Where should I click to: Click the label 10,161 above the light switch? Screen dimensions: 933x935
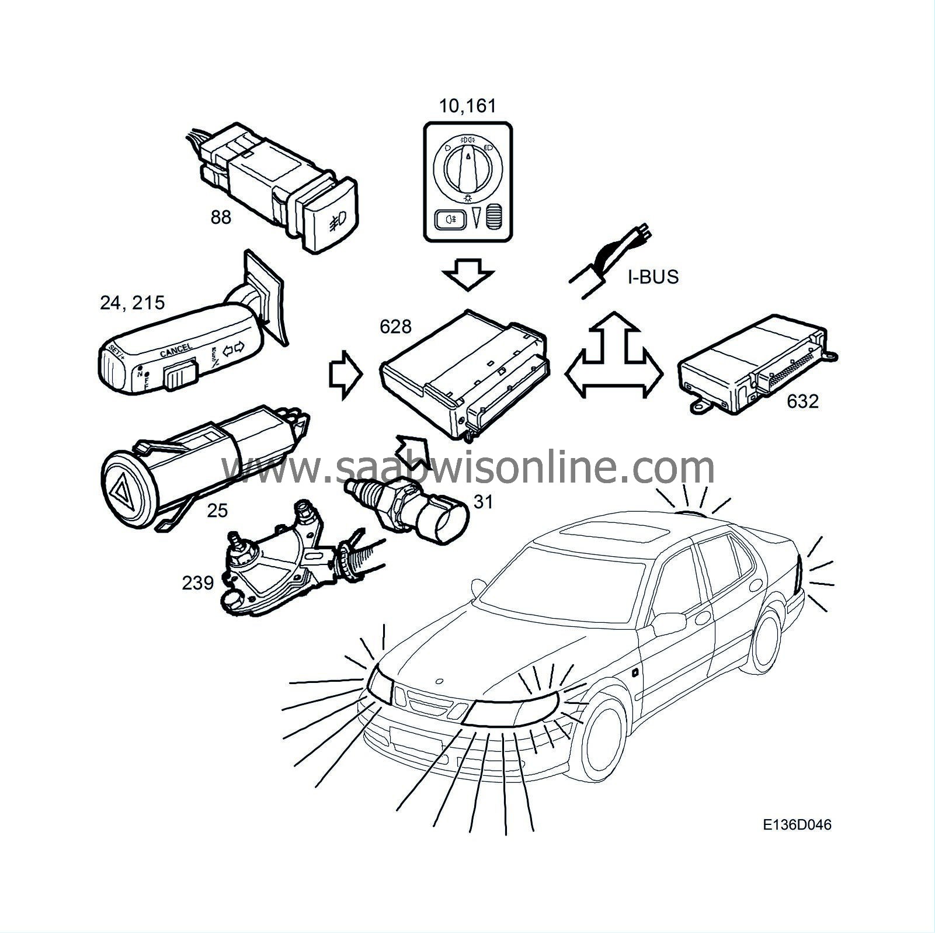467,106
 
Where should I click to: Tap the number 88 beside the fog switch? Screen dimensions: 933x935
221,217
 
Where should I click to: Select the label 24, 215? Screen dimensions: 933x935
133,303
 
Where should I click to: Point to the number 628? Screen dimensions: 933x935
395,327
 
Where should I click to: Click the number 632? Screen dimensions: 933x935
802,401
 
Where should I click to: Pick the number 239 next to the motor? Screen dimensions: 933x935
198,582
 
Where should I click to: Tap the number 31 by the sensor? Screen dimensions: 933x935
483,501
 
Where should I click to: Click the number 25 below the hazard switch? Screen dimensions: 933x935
217,511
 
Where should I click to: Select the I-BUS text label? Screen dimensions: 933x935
653,276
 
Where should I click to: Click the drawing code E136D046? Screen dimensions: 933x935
797,824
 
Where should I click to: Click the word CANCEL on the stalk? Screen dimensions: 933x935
175,351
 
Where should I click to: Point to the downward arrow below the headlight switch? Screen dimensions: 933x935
468,274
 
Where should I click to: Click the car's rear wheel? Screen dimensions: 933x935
767,637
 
